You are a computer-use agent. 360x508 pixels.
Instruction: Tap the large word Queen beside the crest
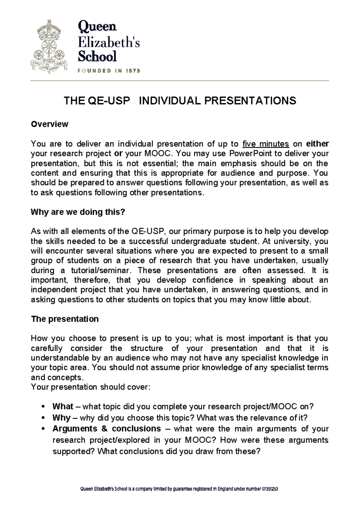[x=97, y=27]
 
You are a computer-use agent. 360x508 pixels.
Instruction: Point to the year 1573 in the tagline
[x=133, y=71]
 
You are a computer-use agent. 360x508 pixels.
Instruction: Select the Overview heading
[x=49, y=124]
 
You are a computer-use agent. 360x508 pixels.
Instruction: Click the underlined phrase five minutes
[x=265, y=144]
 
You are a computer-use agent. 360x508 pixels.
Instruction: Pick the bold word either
[x=317, y=144]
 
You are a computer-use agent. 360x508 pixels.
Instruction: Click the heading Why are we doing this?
[x=78, y=212]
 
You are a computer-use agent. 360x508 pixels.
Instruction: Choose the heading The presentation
[x=65, y=319]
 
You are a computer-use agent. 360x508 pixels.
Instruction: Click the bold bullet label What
[x=63, y=406]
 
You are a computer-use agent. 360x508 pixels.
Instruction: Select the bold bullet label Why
[x=61, y=417]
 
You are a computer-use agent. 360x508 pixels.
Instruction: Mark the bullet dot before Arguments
[x=44, y=429]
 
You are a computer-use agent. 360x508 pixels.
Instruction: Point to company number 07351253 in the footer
[x=270, y=489]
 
